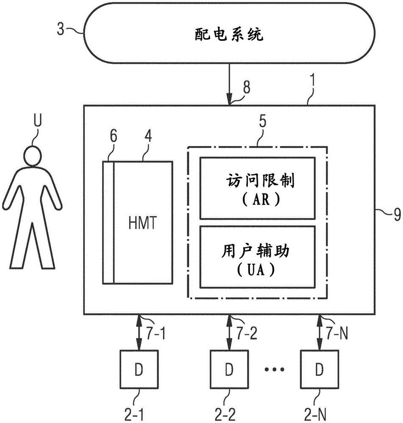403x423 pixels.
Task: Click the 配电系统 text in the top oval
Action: click(229, 35)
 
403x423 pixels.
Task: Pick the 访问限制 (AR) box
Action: click(257, 188)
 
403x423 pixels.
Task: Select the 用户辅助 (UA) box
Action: click(257, 256)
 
